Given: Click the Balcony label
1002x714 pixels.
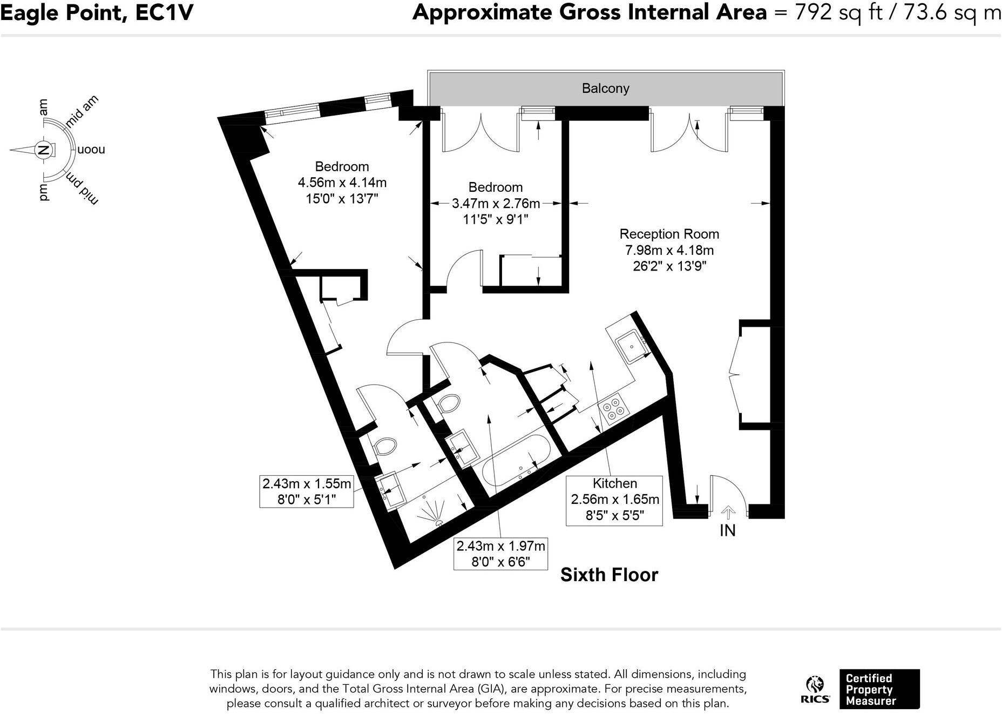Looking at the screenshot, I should pos(605,89).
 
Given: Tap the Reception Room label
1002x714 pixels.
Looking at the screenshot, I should pos(669,234).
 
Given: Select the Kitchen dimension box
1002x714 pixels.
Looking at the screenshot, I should pos(614,500).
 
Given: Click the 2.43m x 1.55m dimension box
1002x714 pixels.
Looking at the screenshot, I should pos(306,491).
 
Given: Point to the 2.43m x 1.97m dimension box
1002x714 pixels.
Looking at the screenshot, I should pos(500,554).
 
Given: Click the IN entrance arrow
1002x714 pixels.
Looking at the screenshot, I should pos(728,511).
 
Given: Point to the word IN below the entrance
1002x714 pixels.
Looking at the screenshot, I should pos(728,531).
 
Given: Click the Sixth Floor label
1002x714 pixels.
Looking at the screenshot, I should pos(609,575).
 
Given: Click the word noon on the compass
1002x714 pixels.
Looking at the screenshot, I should pos(91,150).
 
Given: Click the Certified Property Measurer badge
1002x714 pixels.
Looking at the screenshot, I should pos(879,689).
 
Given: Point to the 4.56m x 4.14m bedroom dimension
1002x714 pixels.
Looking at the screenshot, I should pos(342,183).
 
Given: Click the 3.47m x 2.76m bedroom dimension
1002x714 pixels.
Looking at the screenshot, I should pos(495,204).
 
